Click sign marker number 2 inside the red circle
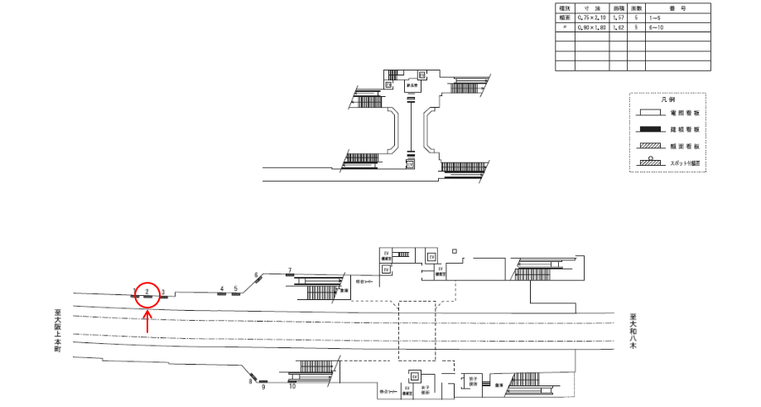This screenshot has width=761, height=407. [x=147, y=291]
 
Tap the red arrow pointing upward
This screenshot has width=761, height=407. [x=147, y=321]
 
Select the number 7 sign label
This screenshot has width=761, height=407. [x=289, y=270]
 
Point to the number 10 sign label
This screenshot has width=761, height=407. [x=292, y=385]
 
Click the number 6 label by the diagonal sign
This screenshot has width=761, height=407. [x=257, y=274]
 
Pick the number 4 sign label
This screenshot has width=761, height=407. [x=221, y=288]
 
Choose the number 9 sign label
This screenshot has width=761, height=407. [x=263, y=387]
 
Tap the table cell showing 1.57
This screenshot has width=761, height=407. [x=617, y=17]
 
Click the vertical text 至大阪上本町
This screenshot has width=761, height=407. [x=57, y=332]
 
